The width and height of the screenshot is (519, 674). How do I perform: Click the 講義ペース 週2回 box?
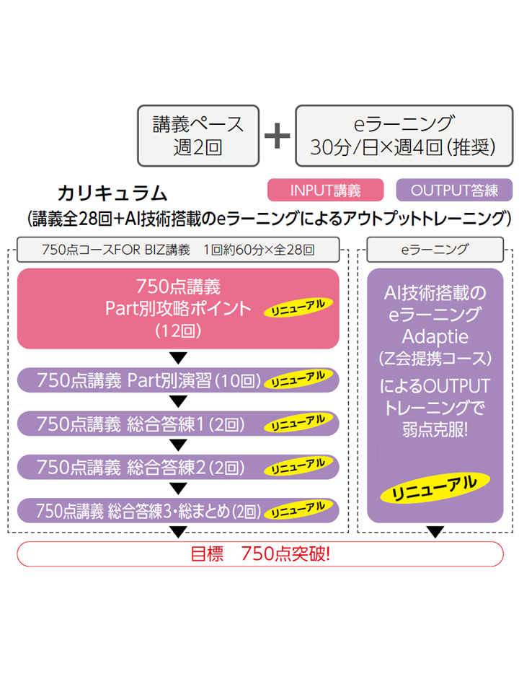pos(198,134)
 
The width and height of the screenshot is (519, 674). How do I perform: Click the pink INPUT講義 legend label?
pos(325,190)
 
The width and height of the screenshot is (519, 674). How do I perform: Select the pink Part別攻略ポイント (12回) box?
pos(178,308)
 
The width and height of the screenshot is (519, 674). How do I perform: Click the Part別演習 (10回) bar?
pos(178,380)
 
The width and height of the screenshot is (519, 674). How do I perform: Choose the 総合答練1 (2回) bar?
pos(178,424)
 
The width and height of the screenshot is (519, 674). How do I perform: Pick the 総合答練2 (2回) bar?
pos(178,467)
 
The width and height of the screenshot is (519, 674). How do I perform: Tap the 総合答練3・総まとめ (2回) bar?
pos(178,511)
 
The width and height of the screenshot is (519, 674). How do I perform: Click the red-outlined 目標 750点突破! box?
pos(259,554)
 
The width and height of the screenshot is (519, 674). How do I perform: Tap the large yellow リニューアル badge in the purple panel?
pos(434,490)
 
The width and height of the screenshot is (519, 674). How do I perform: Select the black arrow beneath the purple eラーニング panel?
pos(435,533)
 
